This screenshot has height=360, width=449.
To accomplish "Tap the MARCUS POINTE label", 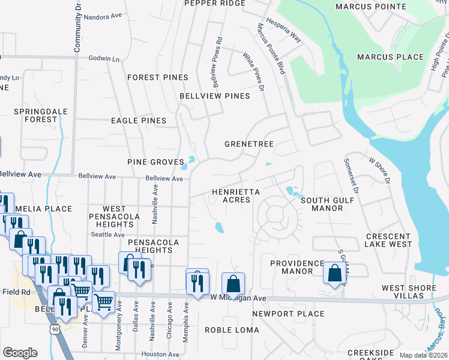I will (x=367, y=7).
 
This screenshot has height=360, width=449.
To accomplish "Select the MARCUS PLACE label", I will (x=390, y=57).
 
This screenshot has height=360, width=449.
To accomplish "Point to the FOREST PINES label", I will (x=158, y=77).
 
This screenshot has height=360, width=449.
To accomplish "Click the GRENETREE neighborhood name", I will (x=249, y=145).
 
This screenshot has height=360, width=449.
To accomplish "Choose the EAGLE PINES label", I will (x=139, y=121).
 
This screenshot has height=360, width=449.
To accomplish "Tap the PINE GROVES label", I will (x=155, y=162).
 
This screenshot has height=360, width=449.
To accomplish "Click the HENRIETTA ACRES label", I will (x=235, y=196).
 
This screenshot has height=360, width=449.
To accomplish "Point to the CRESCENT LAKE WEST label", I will (x=388, y=240).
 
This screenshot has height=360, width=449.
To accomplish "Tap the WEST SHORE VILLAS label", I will (x=409, y=292).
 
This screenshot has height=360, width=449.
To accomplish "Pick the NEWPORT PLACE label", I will (x=288, y=314).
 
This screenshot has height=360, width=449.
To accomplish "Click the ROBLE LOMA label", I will (x=232, y=330).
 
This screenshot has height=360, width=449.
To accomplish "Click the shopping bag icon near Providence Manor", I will (x=334, y=273).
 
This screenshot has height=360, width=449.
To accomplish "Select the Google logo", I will (x=20, y=352).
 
